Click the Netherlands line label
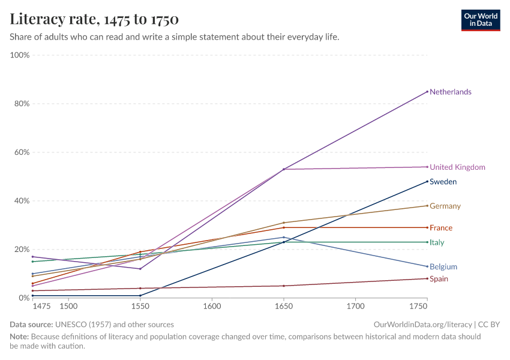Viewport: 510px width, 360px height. (x=450, y=92)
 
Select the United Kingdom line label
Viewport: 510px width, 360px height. (x=457, y=167)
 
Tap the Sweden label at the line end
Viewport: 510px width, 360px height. (x=443, y=182)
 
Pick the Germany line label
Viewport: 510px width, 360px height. (x=445, y=206)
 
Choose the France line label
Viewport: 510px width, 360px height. (x=441, y=228)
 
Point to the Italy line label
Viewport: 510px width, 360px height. (x=437, y=242)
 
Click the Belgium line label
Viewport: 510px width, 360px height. (x=443, y=267)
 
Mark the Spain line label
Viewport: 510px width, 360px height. (x=439, y=279)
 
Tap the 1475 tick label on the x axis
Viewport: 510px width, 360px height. (x=42, y=306)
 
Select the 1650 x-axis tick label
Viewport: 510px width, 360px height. (x=283, y=306)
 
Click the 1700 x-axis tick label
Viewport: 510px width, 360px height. (x=355, y=306)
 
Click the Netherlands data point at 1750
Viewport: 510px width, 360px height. (x=427, y=92)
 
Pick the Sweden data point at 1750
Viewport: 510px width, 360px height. (x=427, y=181)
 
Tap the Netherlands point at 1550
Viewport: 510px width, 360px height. (x=140, y=269)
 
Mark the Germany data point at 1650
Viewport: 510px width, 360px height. (x=284, y=223)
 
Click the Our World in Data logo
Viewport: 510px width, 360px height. (x=481, y=19)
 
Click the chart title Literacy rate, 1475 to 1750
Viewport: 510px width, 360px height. (x=94, y=19)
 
